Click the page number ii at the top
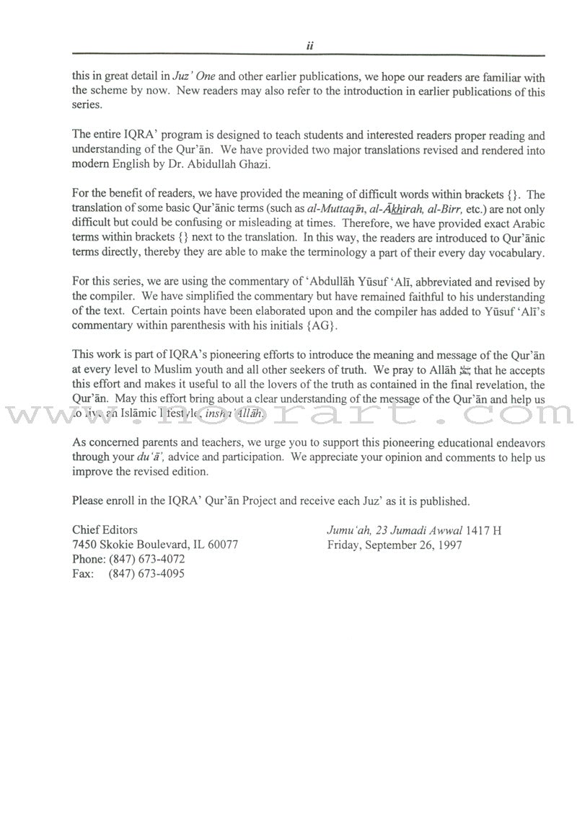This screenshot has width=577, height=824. point(309,45)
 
